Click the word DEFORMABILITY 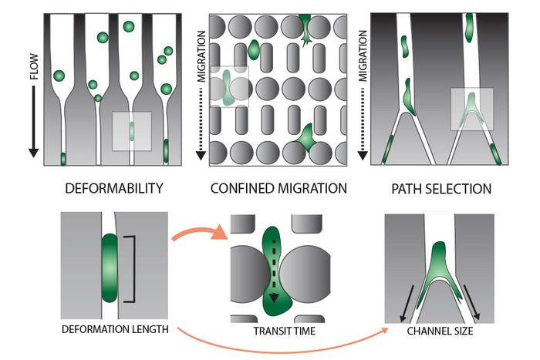(x=113, y=188)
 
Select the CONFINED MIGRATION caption (x=278, y=188)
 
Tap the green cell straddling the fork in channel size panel (x=437, y=265)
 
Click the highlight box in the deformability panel (x=132, y=131)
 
